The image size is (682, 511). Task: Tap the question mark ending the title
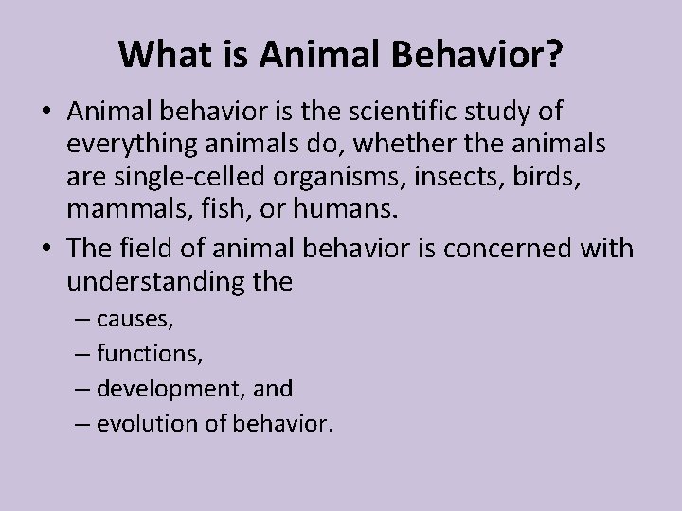pos(552,55)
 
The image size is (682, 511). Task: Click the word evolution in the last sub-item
pos(139,423)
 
